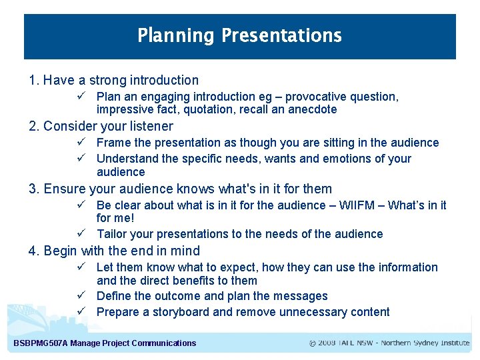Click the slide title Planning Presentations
coord(239,35)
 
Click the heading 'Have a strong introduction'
coord(121,81)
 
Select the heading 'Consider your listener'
coord(108,127)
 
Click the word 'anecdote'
coord(313,110)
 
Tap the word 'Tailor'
coord(112,234)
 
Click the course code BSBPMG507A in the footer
coord(41,343)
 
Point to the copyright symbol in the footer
coord(313,343)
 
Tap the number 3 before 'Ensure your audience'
coord(33,189)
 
